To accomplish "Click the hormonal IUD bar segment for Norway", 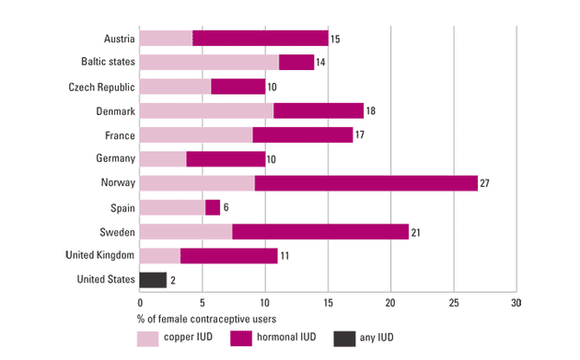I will pyautogui.click(x=366, y=183).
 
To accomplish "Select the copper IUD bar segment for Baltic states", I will pyautogui.click(x=209, y=63).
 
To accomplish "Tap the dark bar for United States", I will pyautogui.click(x=153, y=280).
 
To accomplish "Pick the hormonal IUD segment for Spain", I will pyautogui.click(x=213, y=207).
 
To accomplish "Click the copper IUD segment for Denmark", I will pyautogui.click(x=206, y=110).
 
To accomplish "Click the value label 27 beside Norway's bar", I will pyautogui.click(x=485, y=183).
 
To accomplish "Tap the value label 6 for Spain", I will pyautogui.click(x=226, y=208).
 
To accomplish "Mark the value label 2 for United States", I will pyautogui.click(x=173, y=280).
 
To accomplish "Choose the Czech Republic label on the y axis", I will pyautogui.click(x=102, y=87).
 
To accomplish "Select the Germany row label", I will pyautogui.click(x=115, y=159).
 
